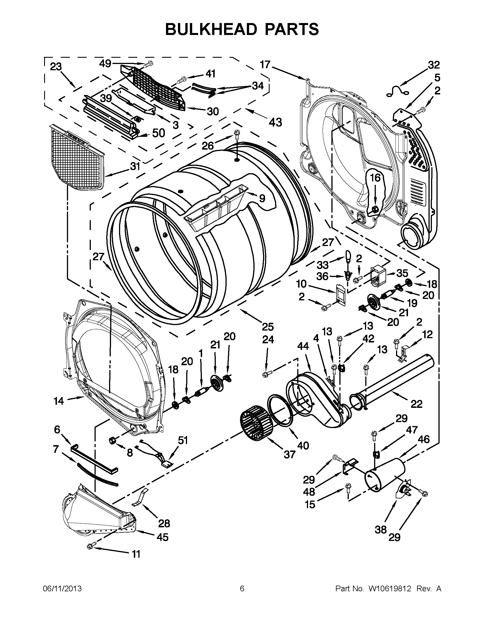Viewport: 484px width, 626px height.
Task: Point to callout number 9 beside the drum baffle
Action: click(x=262, y=198)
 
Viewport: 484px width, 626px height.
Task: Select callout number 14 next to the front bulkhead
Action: click(x=59, y=401)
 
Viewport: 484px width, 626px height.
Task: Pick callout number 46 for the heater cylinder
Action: click(x=423, y=439)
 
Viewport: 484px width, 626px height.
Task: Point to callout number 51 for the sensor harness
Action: click(x=183, y=440)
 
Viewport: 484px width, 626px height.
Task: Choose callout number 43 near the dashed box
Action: click(x=275, y=122)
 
